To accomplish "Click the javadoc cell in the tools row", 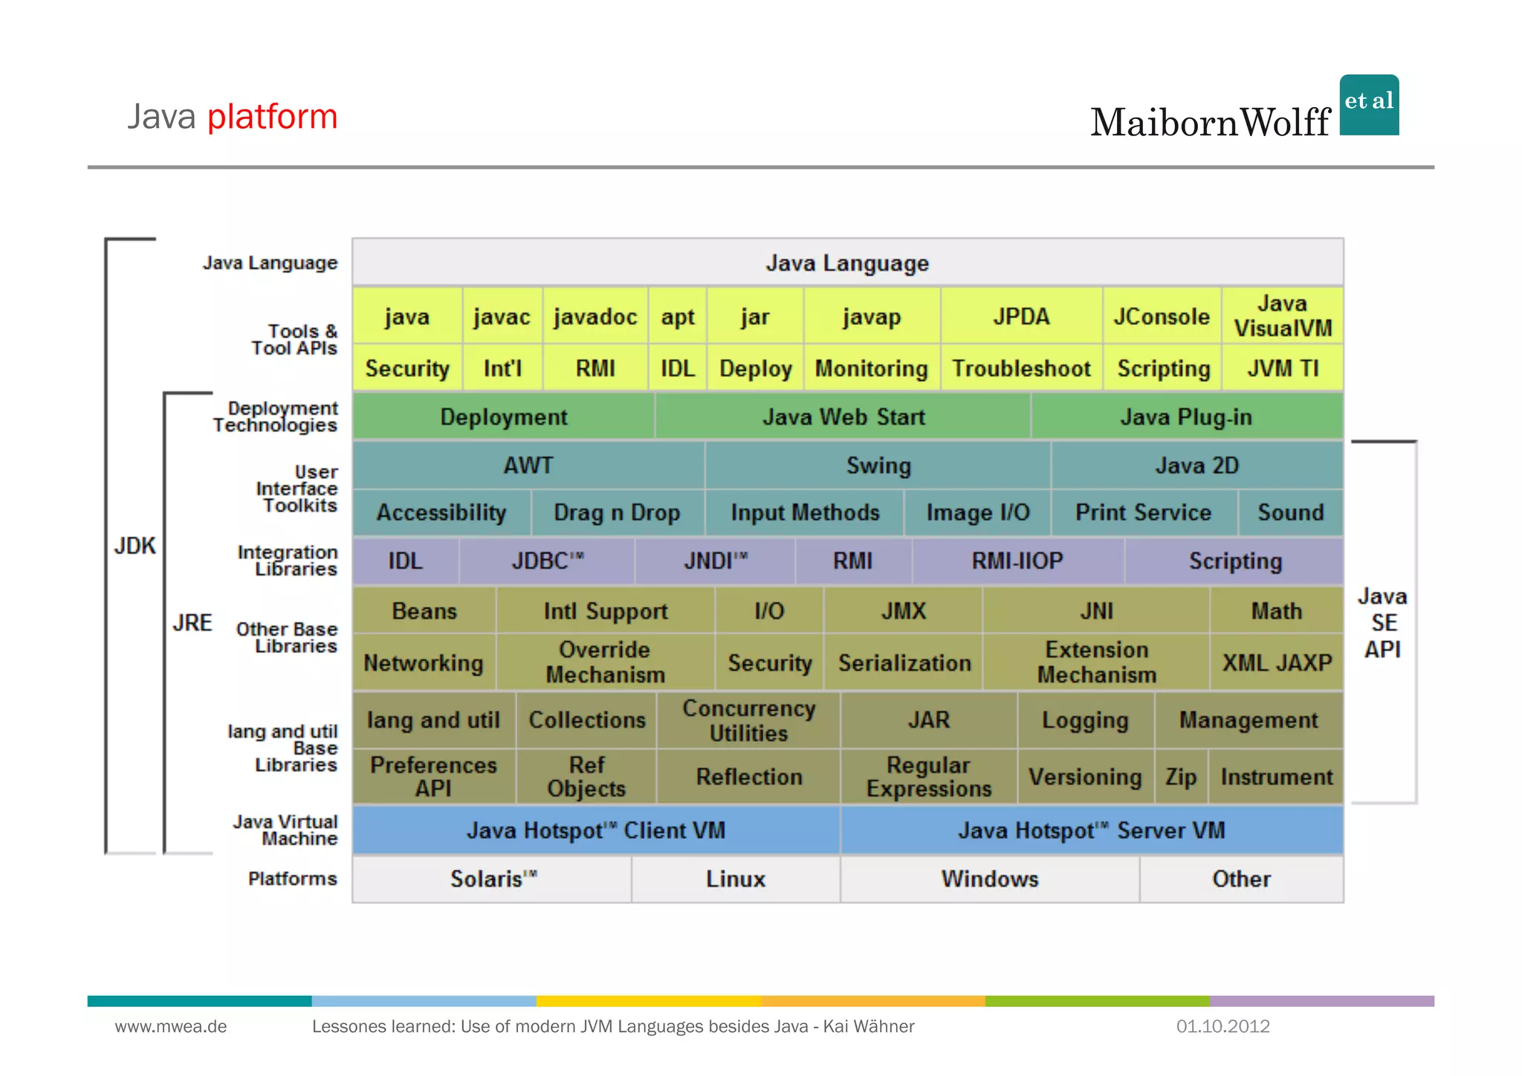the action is pyautogui.click(x=595, y=317).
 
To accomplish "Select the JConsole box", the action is pyautogui.click(x=1162, y=317).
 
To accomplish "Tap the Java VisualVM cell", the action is pyautogui.click(x=1283, y=316).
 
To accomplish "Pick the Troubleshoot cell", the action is pyautogui.click(x=1021, y=368).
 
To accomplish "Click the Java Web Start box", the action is pyautogui.click(x=843, y=417).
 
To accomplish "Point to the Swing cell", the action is pyautogui.click(x=878, y=465).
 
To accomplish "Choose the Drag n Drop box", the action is pyautogui.click(x=617, y=513).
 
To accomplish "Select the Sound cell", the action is pyautogui.click(x=1291, y=513).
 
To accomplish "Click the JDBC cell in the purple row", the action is pyautogui.click(x=547, y=561).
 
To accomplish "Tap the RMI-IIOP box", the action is pyautogui.click(x=1017, y=561).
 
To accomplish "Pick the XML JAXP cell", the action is pyautogui.click(x=1277, y=663).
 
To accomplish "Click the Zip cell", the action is pyautogui.click(x=1181, y=777).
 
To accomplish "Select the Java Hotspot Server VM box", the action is pyautogui.click(x=1091, y=831).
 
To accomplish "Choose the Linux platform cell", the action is pyautogui.click(x=735, y=879).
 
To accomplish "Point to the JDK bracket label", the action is pyautogui.click(x=135, y=547).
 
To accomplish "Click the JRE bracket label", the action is pyautogui.click(x=192, y=623).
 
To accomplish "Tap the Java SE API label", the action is pyautogui.click(x=1382, y=623).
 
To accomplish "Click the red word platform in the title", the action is pyautogui.click(x=272, y=117).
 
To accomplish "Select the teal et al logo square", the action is pyautogui.click(x=1369, y=105).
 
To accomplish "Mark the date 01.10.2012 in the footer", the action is pyautogui.click(x=1223, y=1027).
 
